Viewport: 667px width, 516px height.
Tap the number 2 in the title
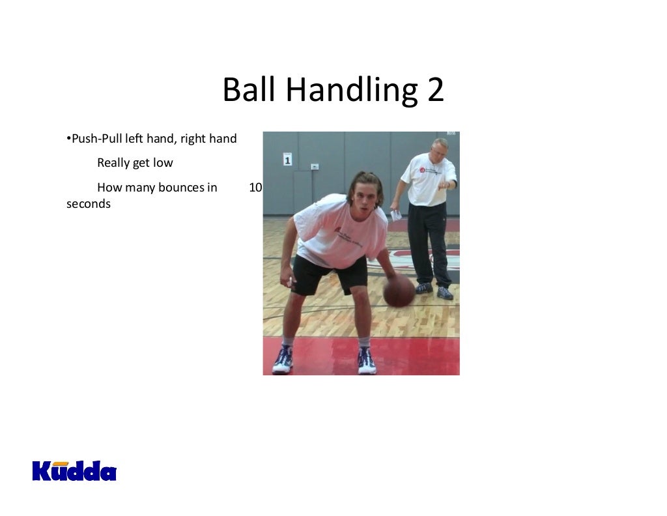(435, 90)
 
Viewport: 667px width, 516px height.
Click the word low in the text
(163, 163)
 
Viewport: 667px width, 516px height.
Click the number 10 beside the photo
(255, 188)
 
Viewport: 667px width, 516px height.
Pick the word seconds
(89, 204)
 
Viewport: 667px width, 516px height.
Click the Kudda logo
(74, 470)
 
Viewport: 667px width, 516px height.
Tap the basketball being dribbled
(399, 291)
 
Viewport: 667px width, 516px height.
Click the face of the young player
(365, 196)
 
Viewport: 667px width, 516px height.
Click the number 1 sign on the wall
(287, 158)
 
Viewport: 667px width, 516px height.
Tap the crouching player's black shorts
(329, 274)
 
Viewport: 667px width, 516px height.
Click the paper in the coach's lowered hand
(395, 214)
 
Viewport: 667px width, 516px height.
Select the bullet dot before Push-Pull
(68, 139)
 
